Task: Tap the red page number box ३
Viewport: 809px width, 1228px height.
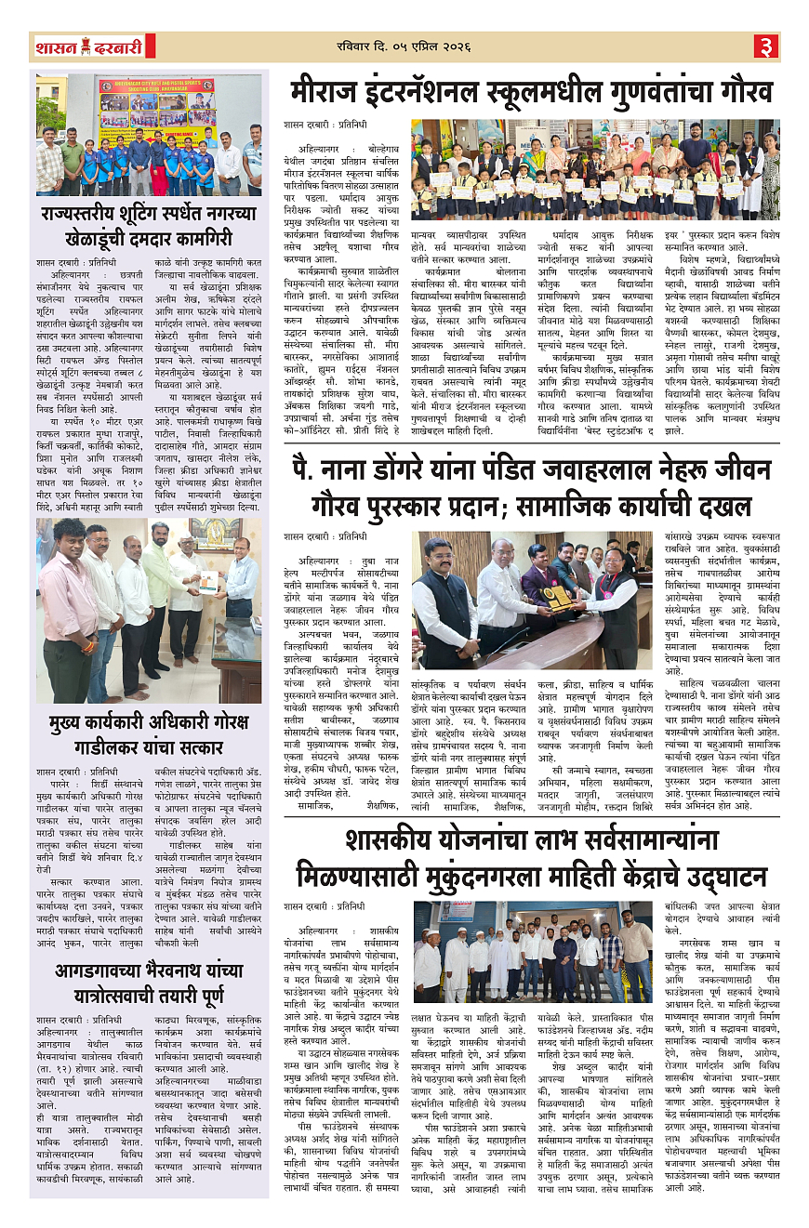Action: pos(765,46)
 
